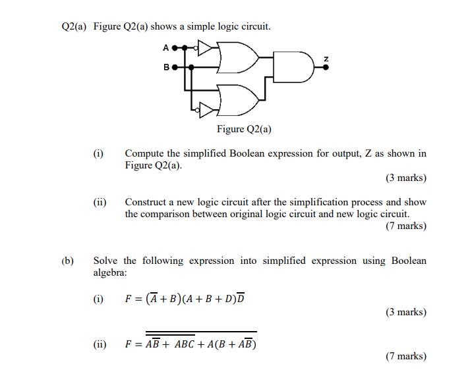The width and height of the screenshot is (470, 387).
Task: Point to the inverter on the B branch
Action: tap(206, 107)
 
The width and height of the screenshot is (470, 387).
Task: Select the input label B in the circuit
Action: tap(167, 66)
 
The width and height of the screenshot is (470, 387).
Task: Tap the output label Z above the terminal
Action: tap(325, 61)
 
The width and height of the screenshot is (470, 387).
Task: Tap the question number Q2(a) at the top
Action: tap(74, 27)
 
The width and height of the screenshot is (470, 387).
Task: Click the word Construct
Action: tap(146, 202)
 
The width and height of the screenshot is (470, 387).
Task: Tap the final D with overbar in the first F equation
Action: tap(240, 299)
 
